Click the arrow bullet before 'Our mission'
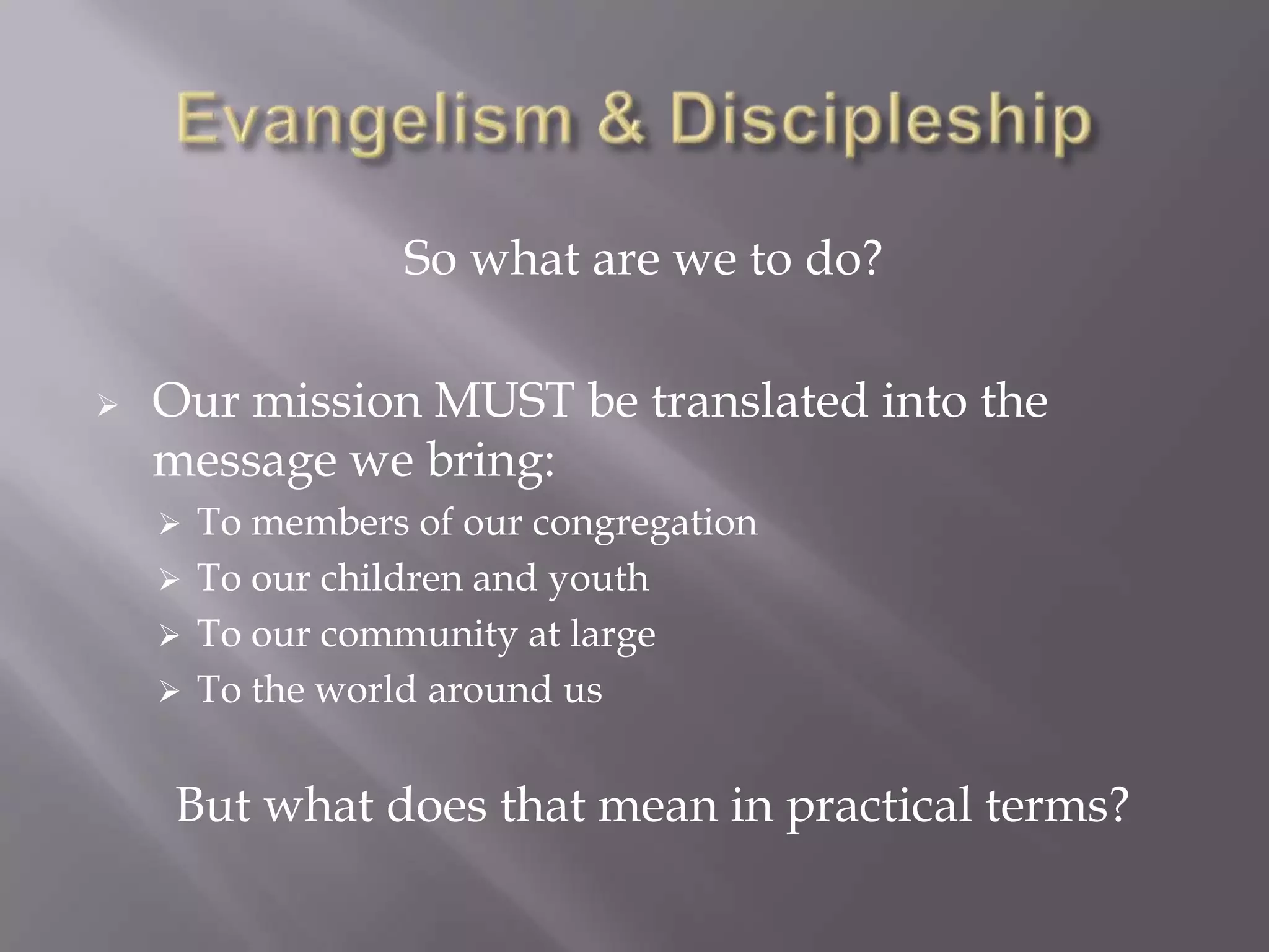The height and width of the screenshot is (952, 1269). pyautogui.click(x=107, y=407)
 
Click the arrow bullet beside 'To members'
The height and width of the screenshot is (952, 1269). pyautogui.click(x=169, y=525)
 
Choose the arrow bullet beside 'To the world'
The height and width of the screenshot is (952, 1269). pyautogui.click(x=169, y=691)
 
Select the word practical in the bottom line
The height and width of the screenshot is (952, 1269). pyautogui.click(x=879, y=806)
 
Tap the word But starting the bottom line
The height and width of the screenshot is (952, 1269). pyautogui.click(x=213, y=805)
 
